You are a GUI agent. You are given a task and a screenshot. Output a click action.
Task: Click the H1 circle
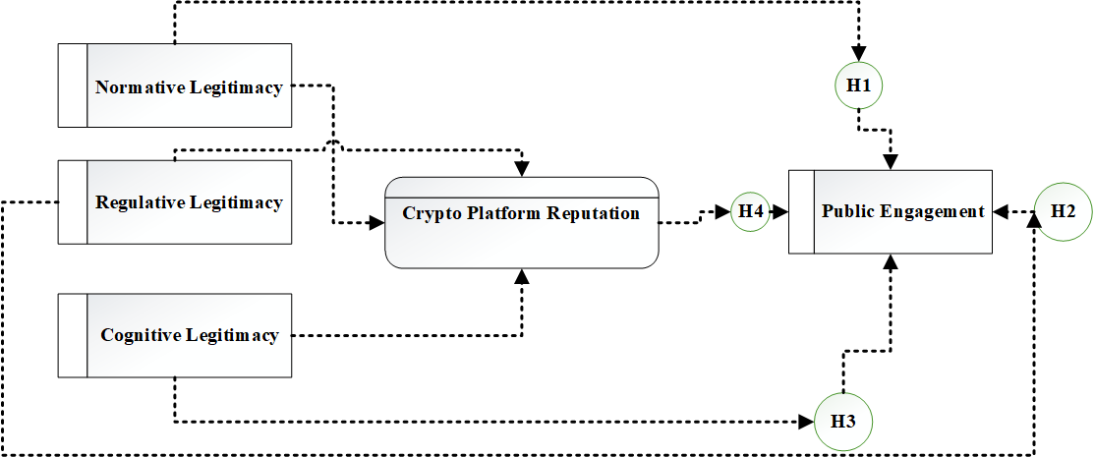click(x=859, y=86)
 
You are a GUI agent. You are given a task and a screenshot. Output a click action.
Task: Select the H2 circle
click(x=1063, y=211)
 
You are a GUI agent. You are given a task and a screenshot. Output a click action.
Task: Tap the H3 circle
click(x=843, y=423)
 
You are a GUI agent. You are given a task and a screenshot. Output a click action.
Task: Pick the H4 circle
click(x=751, y=211)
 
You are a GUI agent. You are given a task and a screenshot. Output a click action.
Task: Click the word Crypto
click(x=428, y=212)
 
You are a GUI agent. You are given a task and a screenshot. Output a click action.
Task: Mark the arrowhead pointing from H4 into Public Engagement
click(x=782, y=211)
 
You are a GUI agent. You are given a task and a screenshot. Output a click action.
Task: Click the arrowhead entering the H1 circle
click(x=859, y=56)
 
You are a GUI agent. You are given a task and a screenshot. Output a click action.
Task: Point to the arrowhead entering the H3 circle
click(x=808, y=424)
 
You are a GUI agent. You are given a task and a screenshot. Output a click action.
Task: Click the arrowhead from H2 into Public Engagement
click(x=999, y=211)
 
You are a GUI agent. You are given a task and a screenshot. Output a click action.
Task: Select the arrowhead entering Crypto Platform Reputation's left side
click(x=377, y=223)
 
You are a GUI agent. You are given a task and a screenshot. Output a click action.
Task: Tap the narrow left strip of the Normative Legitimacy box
click(x=73, y=86)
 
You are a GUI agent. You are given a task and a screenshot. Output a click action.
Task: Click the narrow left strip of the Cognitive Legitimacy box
click(x=73, y=335)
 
